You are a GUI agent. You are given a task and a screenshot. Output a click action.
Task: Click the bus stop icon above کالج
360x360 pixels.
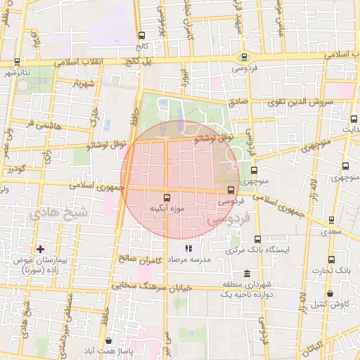coord(141,35)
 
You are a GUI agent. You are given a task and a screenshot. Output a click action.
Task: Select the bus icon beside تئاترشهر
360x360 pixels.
coord(17,62)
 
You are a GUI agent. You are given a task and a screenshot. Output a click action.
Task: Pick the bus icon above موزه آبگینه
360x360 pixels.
coord(167,198)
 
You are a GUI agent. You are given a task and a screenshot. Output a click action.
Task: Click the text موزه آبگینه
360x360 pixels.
coord(167,209)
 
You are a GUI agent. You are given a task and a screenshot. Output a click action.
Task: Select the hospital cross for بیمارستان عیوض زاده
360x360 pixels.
coord(40,249)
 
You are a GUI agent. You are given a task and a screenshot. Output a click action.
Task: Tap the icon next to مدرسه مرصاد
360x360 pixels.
coord(188,249)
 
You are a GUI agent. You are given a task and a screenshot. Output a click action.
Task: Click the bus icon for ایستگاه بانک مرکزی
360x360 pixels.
coord(257,239)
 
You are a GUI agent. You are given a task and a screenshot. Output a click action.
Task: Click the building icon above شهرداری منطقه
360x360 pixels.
coord(245,274)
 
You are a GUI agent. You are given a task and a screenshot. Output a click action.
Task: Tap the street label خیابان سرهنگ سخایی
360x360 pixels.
coord(153,287)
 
